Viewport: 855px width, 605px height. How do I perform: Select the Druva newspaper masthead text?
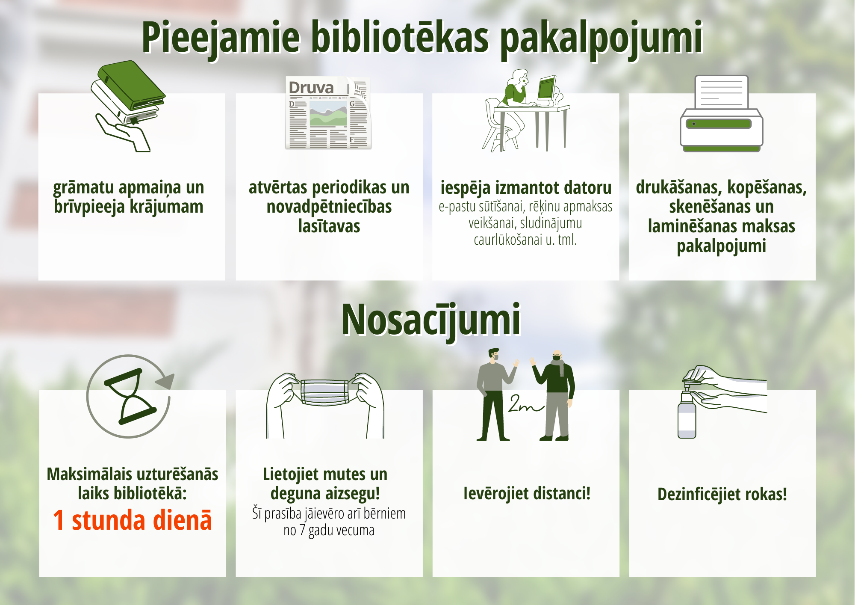click(311, 88)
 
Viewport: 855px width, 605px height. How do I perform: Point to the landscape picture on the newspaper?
click(328, 113)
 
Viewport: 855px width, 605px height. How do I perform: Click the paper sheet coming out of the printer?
click(721, 92)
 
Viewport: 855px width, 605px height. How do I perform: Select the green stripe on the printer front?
click(718, 124)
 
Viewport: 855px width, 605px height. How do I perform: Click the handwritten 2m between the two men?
click(525, 404)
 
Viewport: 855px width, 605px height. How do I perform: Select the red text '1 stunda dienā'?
click(133, 520)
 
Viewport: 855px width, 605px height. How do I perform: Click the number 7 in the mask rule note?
click(302, 530)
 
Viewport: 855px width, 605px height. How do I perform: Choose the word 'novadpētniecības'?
click(329, 207)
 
